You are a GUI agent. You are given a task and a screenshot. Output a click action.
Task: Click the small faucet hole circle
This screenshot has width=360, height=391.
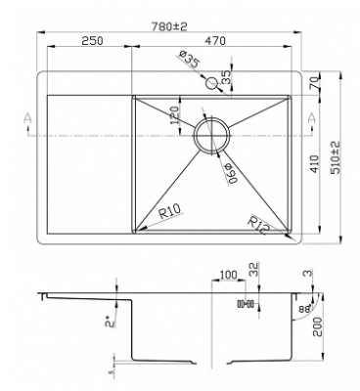(x=210, y=85)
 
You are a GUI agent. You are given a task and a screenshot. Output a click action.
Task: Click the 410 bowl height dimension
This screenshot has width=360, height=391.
(x=313, y=162)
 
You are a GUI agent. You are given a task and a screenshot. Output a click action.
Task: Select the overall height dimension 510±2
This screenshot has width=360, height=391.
(x=335, y=156)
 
